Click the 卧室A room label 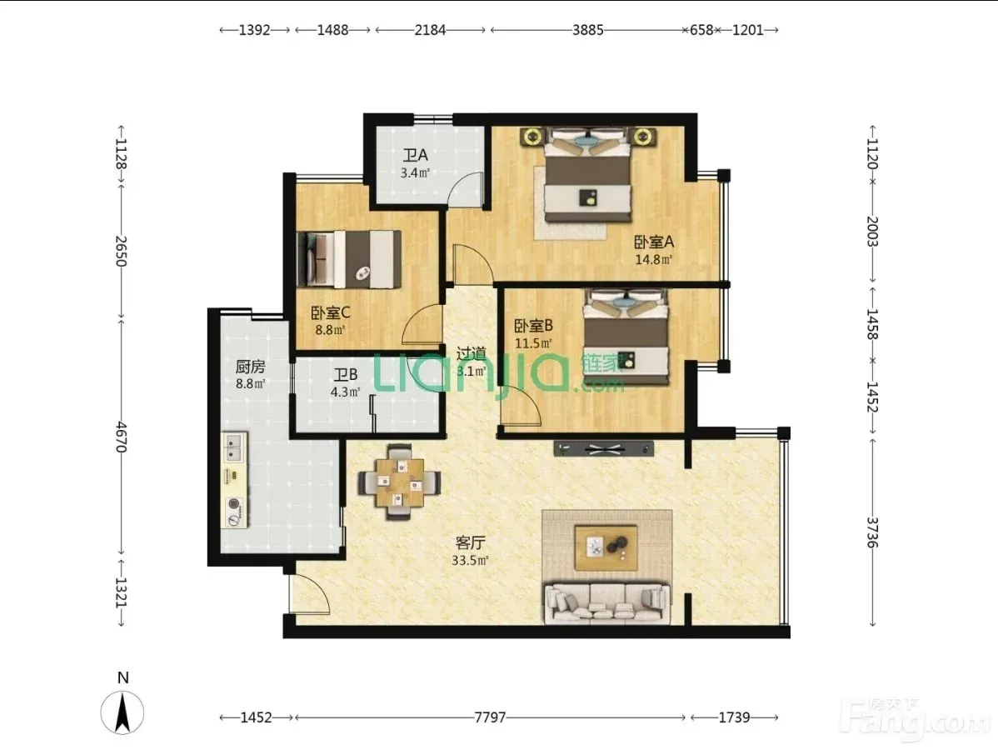[654, 242]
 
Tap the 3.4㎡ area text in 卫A [415, 172]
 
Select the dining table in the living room [400, 482]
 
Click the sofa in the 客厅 [606, 603]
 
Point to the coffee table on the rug [606, 547]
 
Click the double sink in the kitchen [234, 447]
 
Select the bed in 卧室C [349, 259]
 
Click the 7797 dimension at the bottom [490, 717]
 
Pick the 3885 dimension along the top [587, 30]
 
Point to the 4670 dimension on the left [121, 437]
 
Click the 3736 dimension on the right [872, 532]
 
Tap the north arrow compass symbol [122, 711]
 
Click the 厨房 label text [250, 367]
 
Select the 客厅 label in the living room [471, 542]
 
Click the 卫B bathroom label [346, 375]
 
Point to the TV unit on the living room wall [604, 449]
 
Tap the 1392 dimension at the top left [255, 30]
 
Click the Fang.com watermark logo [916, 719]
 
